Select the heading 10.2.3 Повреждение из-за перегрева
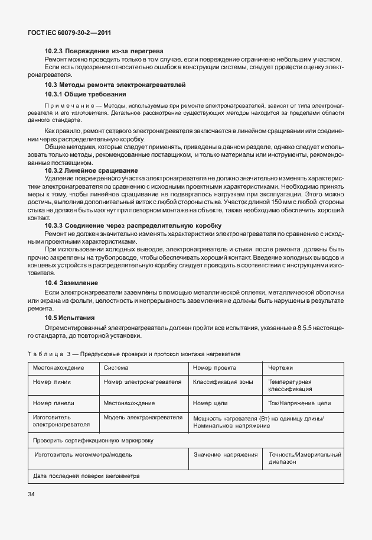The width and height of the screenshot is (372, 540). (x=104, y=52)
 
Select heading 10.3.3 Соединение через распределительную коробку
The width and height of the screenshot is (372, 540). (x=133, y=225)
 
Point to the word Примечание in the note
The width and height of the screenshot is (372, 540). (x=69, y=104)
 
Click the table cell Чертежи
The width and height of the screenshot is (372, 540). (x=280, y=367)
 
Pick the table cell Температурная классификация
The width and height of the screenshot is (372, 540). (x=291, y=386)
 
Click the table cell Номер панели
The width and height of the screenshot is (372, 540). (x=54, y=403)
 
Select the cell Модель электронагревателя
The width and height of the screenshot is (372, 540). (x=143, y=418)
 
